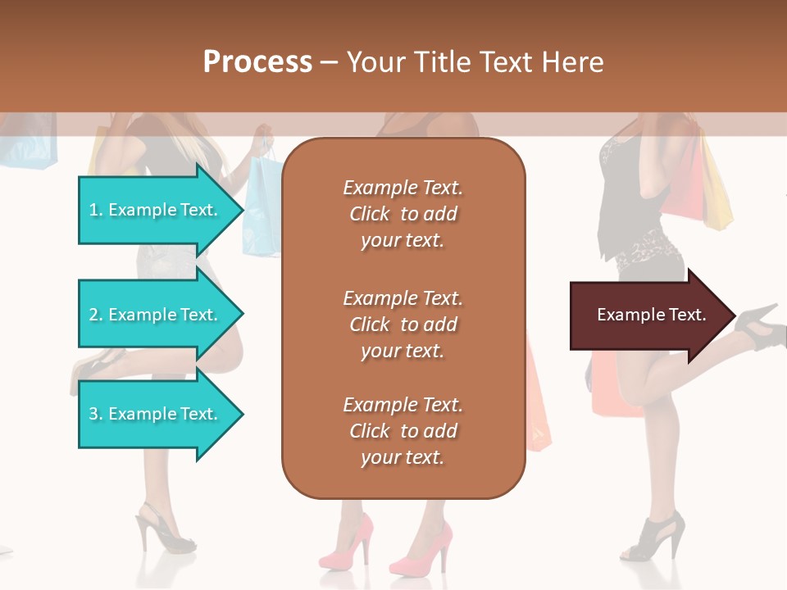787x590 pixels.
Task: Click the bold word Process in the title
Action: pos(257,62)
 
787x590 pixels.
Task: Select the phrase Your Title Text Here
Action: pos(475,62)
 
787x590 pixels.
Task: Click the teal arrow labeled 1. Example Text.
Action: pos(156,210)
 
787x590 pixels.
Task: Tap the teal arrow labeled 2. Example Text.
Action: pos(156,315)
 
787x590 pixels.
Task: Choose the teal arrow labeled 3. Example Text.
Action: pos(156,414)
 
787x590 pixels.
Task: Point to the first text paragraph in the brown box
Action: pos(403,213)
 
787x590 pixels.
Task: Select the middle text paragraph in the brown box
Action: pos(403,324)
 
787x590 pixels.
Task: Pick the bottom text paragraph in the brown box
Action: pos(403,430)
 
